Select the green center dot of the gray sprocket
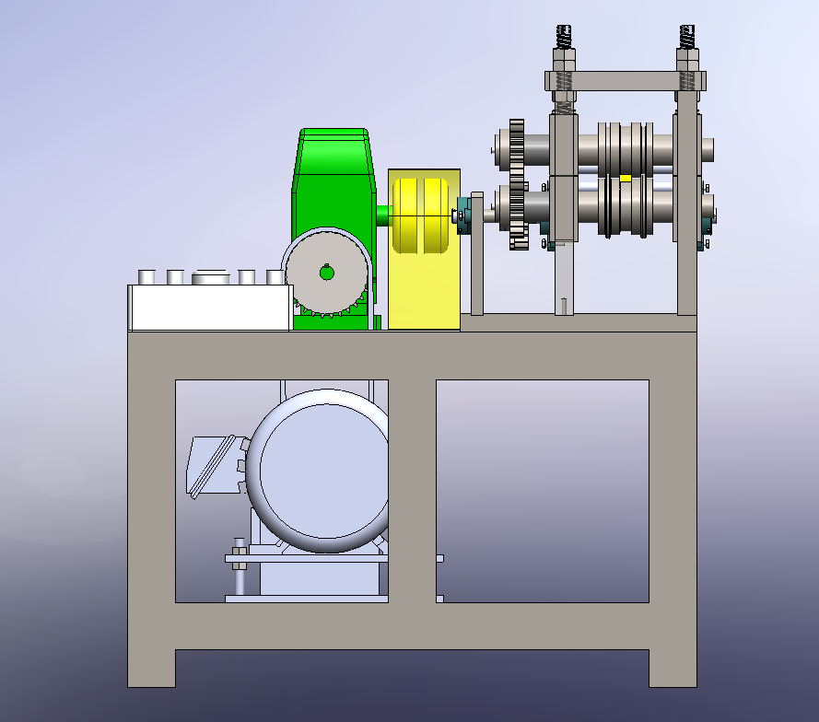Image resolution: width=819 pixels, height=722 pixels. [x=326, y=272]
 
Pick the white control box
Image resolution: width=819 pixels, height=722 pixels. [x=210, y=308]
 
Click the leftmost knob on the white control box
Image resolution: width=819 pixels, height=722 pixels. [x=146, y=277]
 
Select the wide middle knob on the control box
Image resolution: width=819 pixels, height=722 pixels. [x=211, y=277]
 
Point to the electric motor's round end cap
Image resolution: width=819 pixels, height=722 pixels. [x=318, y=470]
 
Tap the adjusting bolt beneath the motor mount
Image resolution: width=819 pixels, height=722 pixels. [x=239, y=576]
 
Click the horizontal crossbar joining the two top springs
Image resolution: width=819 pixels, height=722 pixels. [x=626, y=81]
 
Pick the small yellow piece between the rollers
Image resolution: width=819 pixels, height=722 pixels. [x=626, y=178]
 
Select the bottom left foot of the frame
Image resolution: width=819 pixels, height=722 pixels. [x=151, y=668]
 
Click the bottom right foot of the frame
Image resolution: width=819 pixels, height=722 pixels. [x=673, y=668]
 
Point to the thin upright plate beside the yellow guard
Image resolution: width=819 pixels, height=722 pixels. [x=477, y=253]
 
